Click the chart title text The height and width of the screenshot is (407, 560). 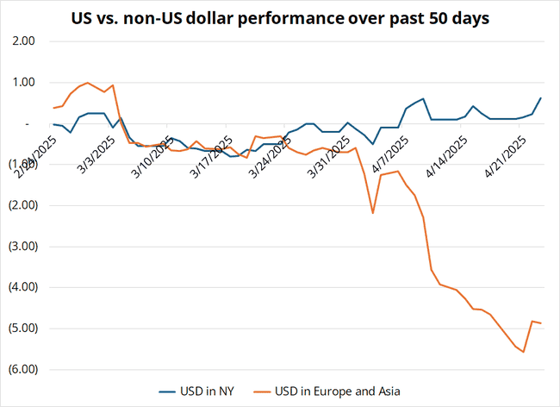click(279, 16)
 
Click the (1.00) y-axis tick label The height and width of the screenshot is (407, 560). click(22, 165)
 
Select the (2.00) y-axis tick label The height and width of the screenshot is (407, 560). click(22, 205)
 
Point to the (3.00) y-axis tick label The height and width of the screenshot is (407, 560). click(22, 247)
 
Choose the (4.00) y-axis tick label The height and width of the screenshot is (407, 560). click(22, 287)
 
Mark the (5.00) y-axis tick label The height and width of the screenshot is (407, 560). click(22, 329)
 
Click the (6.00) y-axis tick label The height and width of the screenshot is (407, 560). click(22, 369)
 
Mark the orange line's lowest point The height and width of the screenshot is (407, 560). click(523, 352)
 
